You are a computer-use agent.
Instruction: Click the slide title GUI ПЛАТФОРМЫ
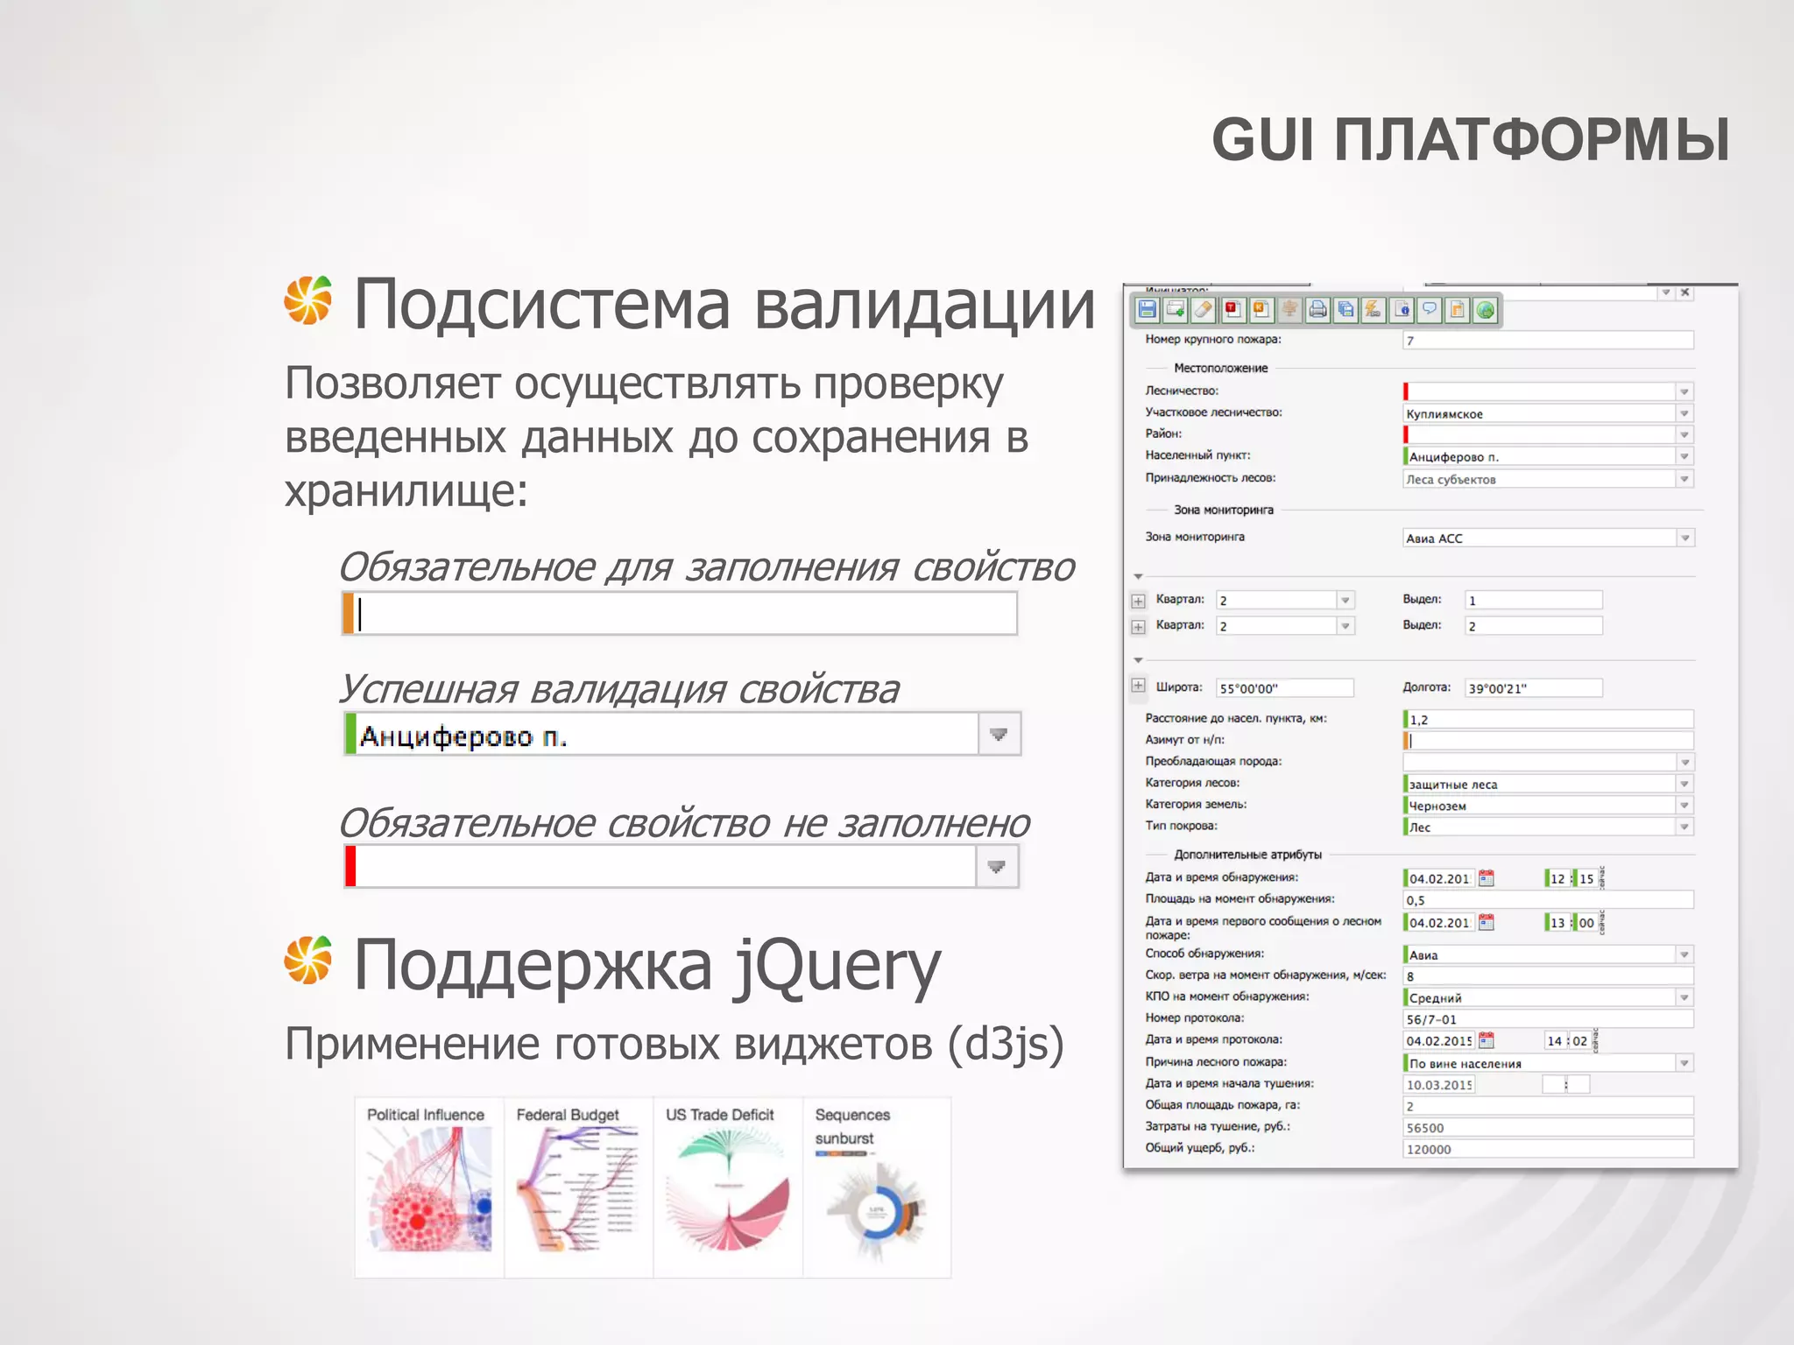pos(1470,140)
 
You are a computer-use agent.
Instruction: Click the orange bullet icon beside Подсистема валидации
pos(308,300)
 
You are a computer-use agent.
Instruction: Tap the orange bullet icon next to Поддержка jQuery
pos(308,960)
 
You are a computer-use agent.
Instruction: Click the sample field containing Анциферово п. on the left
pos(666,735)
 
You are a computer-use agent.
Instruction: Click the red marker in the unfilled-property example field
pos(350,867)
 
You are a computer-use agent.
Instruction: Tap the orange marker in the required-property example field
pos(348,613)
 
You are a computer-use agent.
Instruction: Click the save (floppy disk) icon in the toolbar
pos(1147,309)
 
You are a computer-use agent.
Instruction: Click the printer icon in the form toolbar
pos(1317,309)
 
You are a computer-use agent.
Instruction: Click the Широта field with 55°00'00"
pos(1284,688)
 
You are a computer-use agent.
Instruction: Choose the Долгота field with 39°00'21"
pos(1533,688)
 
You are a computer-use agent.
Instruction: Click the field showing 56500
pos(1547,1128)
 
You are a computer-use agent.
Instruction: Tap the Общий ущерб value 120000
pos(1547,1149)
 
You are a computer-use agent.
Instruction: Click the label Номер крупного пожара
pos(1213,339)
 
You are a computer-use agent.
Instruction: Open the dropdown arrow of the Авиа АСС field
pos(1685,538)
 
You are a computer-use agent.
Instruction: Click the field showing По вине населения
pos(1540,1063)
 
